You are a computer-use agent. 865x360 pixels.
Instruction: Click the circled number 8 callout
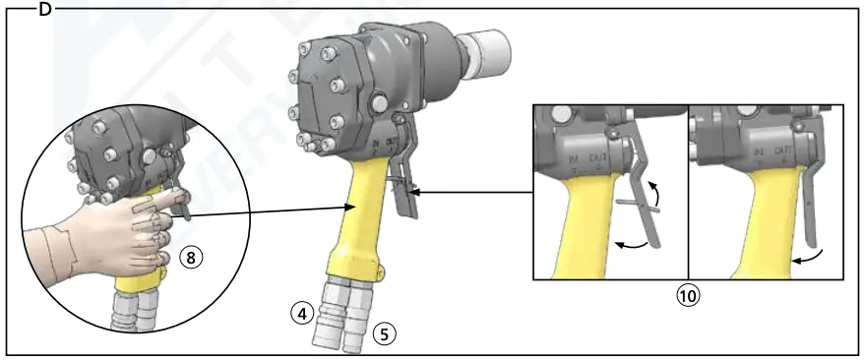[194, 257]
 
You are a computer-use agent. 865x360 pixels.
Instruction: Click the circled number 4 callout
[304, 314]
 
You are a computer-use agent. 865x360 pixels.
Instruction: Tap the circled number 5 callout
[385, 333]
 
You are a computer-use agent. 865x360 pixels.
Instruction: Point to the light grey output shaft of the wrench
[486, 45]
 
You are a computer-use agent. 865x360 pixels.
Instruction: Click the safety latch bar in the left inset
[639, 201]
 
